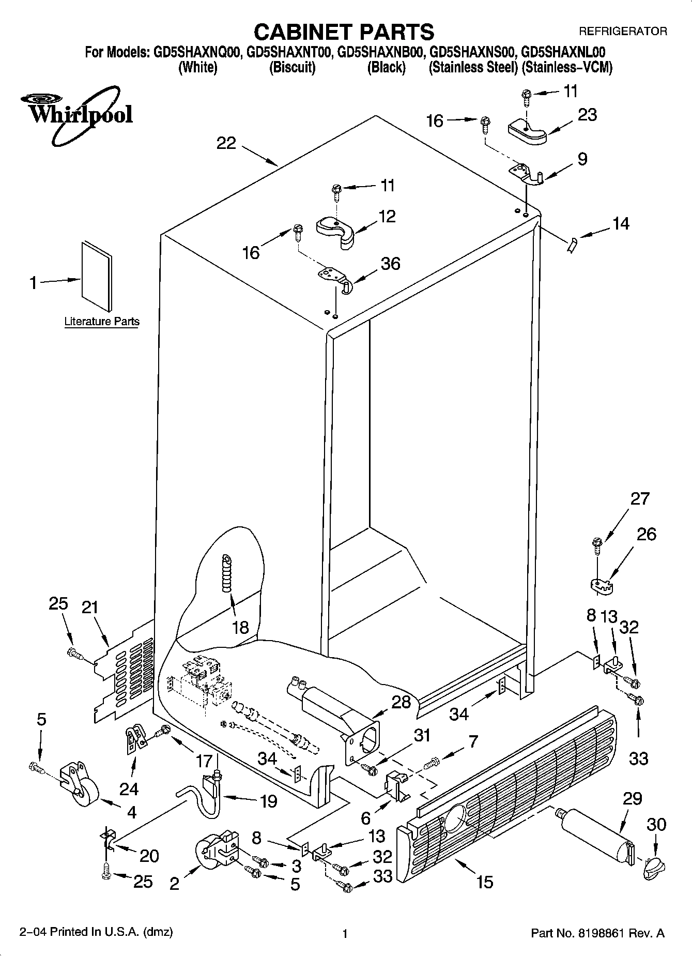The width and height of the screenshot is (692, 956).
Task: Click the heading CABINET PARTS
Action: pyautogui.click(x=344, y=32)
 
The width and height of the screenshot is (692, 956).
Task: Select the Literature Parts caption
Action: pyautogui.click(x=102, y=321)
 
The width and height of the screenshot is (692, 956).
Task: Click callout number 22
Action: pyautogui.click(x=226, y=143)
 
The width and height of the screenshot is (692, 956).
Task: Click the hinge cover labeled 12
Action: pyautogui.click(x=336, y=231)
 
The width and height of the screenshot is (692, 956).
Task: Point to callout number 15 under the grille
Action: pyautogui.click(x=485, y=881)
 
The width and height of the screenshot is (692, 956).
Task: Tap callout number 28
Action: pyautogui.click(x=401, y=702)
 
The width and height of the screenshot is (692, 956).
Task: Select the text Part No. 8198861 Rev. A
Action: pyautogui.click(x=598, y=933)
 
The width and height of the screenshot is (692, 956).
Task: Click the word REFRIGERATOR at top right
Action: pyautogui.click(x=623, y=32)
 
